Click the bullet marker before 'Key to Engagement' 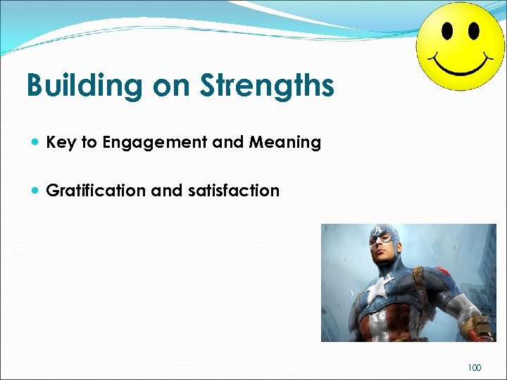tap(35, 143)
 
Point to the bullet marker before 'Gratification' tap(35, 191)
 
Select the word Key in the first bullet tap(61, 143)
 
